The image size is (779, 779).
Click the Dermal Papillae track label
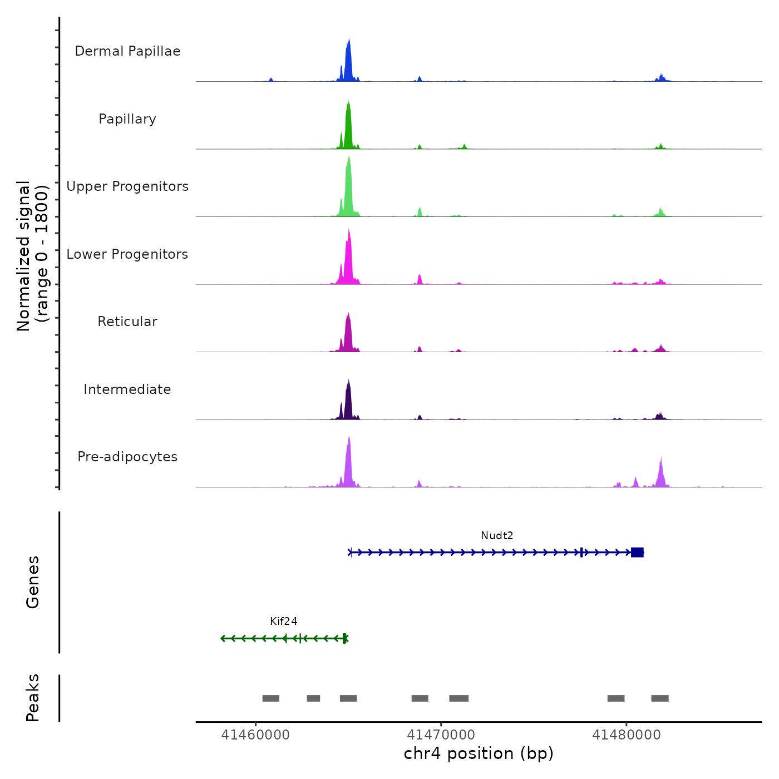pyautogui.click(x=127, y=51)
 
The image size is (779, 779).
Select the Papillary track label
pyautogui.click(x=127, y=119)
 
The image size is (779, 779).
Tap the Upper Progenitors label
pyautogui.click(x=127, y=186)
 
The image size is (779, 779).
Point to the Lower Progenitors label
pyautogui.click(x=127, y=254)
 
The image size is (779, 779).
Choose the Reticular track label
pyautogui.click(x=127, y=322)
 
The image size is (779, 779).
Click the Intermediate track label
pyautogui.click(x=127, y=389)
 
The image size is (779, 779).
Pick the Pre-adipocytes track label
pyautogui.click(x=127, y=457)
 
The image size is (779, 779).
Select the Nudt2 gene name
pyautogui.click(x=497, y=536)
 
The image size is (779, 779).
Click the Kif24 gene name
pyautogui.click(x=284, y=622)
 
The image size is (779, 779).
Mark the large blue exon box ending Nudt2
pyautogui.click(x=637, y=553)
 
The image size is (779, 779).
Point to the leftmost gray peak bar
pyautogui.click(x=270, y=698)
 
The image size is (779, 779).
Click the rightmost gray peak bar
pyautogui.click(x=660, y=698)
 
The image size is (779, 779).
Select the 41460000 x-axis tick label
pyautogui.click(x=255, y=735)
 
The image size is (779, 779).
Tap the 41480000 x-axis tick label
pyautogui.click(x=627, y=735)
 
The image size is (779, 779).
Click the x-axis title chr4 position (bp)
pyautogui.click(x=479, y=753)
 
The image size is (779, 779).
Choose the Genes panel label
pyautogui.click(x=33, y=582)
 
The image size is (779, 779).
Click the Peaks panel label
pyautogui.click(x=33, y=698)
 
